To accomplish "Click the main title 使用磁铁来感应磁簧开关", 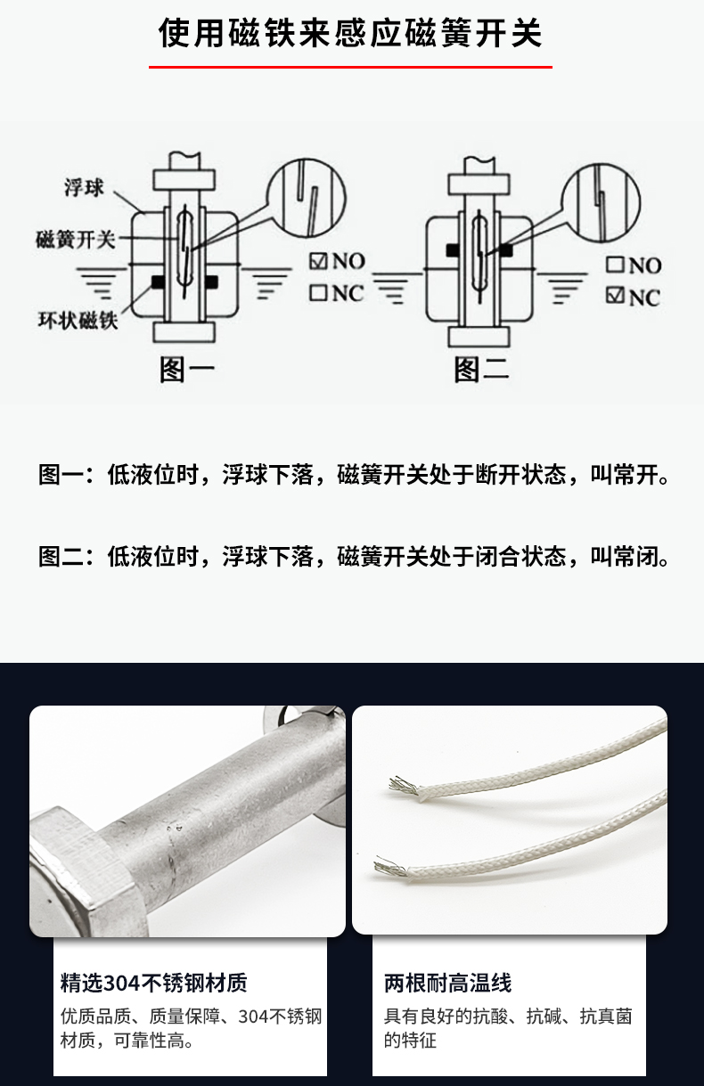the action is [x=350, y=34].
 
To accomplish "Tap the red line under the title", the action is [x=350, y=67].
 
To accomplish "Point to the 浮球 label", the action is [x=85, y=187].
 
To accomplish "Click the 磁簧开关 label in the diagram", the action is [x=76, y=240].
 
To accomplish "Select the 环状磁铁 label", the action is [x=78, y=321].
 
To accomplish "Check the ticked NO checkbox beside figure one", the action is [x=318, y=261].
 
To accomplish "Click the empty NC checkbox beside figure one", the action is [x=318, y=293].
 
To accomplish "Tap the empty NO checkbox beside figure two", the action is [x=615, y=265].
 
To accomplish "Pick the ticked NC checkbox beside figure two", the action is [x=615, y=296].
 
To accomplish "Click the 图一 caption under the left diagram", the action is [x=187, y=370].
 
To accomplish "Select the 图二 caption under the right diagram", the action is [x=481, y=370].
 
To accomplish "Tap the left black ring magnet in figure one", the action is [x=158, y=282].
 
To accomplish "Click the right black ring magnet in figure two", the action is [x=505, y=250].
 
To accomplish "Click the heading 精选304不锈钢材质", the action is [x=153, y=984].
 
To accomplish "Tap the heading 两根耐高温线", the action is [x=448, y=984].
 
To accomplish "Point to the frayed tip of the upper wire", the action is [x=404, y=784].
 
